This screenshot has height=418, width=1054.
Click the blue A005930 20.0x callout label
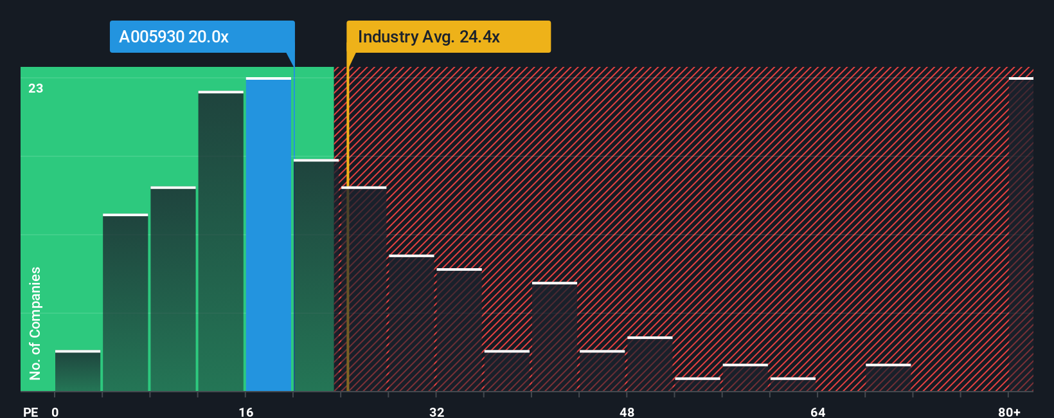click(202, 37)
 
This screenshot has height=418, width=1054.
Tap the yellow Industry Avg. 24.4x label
click(448, 37)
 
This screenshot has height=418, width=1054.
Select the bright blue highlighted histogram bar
click(269, 235)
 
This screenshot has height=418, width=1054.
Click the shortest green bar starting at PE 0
click(78, 371)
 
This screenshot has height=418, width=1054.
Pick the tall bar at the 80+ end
click(1021, 235)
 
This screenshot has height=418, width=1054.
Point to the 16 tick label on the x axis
click(246, 412)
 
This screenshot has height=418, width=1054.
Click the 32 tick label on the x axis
click(436, 412)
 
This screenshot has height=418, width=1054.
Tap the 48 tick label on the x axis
click(627, 412)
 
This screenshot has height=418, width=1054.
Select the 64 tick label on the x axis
click(817, 412)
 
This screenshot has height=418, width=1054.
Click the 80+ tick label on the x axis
click(1009, 412)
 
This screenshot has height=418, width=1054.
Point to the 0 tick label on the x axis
click(55, 412)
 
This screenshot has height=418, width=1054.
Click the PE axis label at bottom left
click(30, 412)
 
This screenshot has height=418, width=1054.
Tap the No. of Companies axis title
click(35, 323)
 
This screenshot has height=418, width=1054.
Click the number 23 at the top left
click(35, 88)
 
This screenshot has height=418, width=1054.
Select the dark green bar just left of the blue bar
click(221, 241)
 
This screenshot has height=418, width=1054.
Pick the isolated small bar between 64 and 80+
click(888, 377)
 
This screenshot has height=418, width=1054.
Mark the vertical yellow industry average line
click(348, 257)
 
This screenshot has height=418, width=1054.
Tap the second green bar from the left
click(125, 302)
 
